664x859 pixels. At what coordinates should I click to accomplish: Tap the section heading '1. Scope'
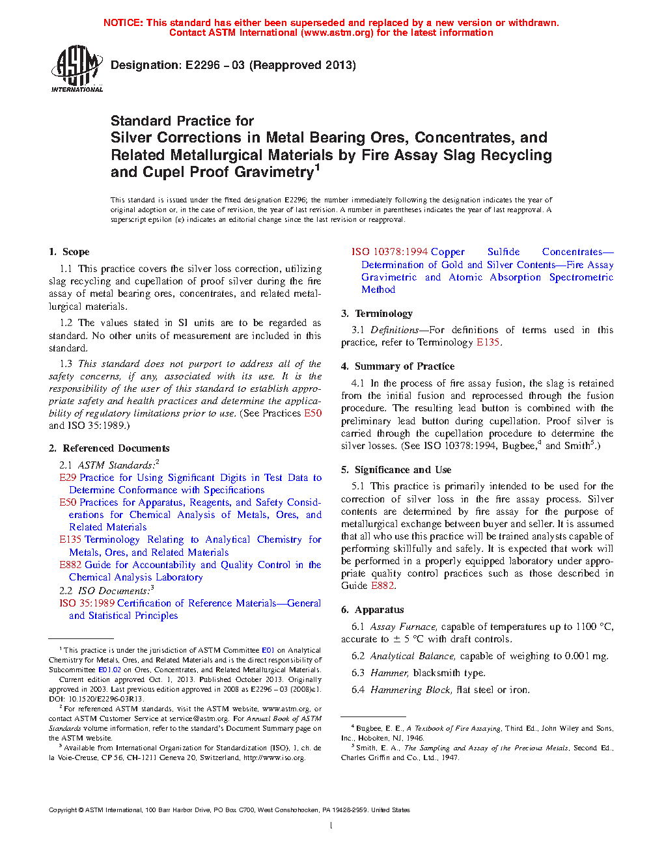click(x=69, y=252)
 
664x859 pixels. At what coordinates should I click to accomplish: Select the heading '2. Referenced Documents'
click(x=109, y=448)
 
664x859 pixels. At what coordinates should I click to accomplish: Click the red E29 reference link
click(x=68, y=478)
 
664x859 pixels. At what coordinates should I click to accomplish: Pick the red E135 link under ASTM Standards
click(x=70, y=539)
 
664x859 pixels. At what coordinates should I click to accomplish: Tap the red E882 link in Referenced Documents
click(x=70, y=565)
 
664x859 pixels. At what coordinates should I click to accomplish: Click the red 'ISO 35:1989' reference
click(x=87, y=603)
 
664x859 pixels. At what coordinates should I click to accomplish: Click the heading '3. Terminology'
click(x=377, y=314)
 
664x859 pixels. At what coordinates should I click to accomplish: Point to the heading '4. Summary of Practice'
click(x=398, y=366)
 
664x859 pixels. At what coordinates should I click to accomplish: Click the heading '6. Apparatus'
click(x=372, y=610)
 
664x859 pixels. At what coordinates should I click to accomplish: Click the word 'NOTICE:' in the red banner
click(x=123, y=23)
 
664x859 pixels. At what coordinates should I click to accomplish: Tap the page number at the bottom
click(x=331, y=826)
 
